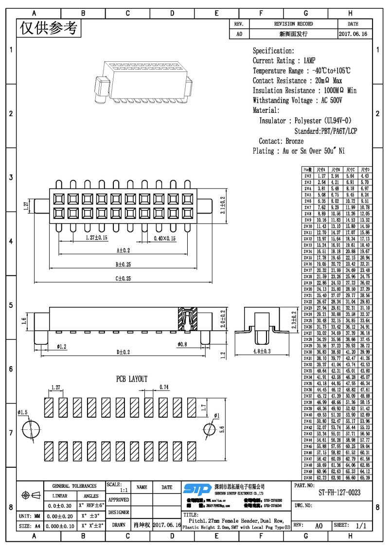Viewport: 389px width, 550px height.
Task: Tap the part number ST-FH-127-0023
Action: pos(339,493)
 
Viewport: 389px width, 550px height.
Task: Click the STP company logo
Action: pos(197,488)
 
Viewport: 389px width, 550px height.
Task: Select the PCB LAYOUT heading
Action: pos(131,379)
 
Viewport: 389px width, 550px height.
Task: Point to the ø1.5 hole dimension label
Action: pos(23,412)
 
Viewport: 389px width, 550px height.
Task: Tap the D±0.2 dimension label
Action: pos(123,352)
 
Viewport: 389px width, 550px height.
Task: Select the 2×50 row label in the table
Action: pos(307,478)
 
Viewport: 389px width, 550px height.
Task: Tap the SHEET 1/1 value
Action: pos(361,526)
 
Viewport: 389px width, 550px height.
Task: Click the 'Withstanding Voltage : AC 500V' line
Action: pos(297,101)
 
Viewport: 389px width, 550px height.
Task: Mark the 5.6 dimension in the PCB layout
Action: pos(222,429)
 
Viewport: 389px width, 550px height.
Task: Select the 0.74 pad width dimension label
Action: pos(164,387)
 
